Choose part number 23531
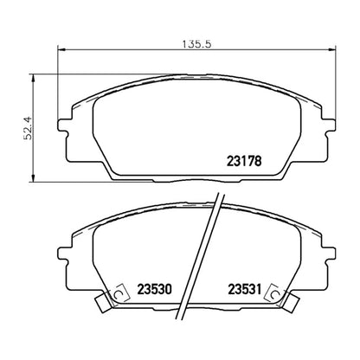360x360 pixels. [x=244, y=288]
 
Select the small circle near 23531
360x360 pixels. [x=273, y=292]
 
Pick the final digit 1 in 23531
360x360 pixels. [x=259, y=288]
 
